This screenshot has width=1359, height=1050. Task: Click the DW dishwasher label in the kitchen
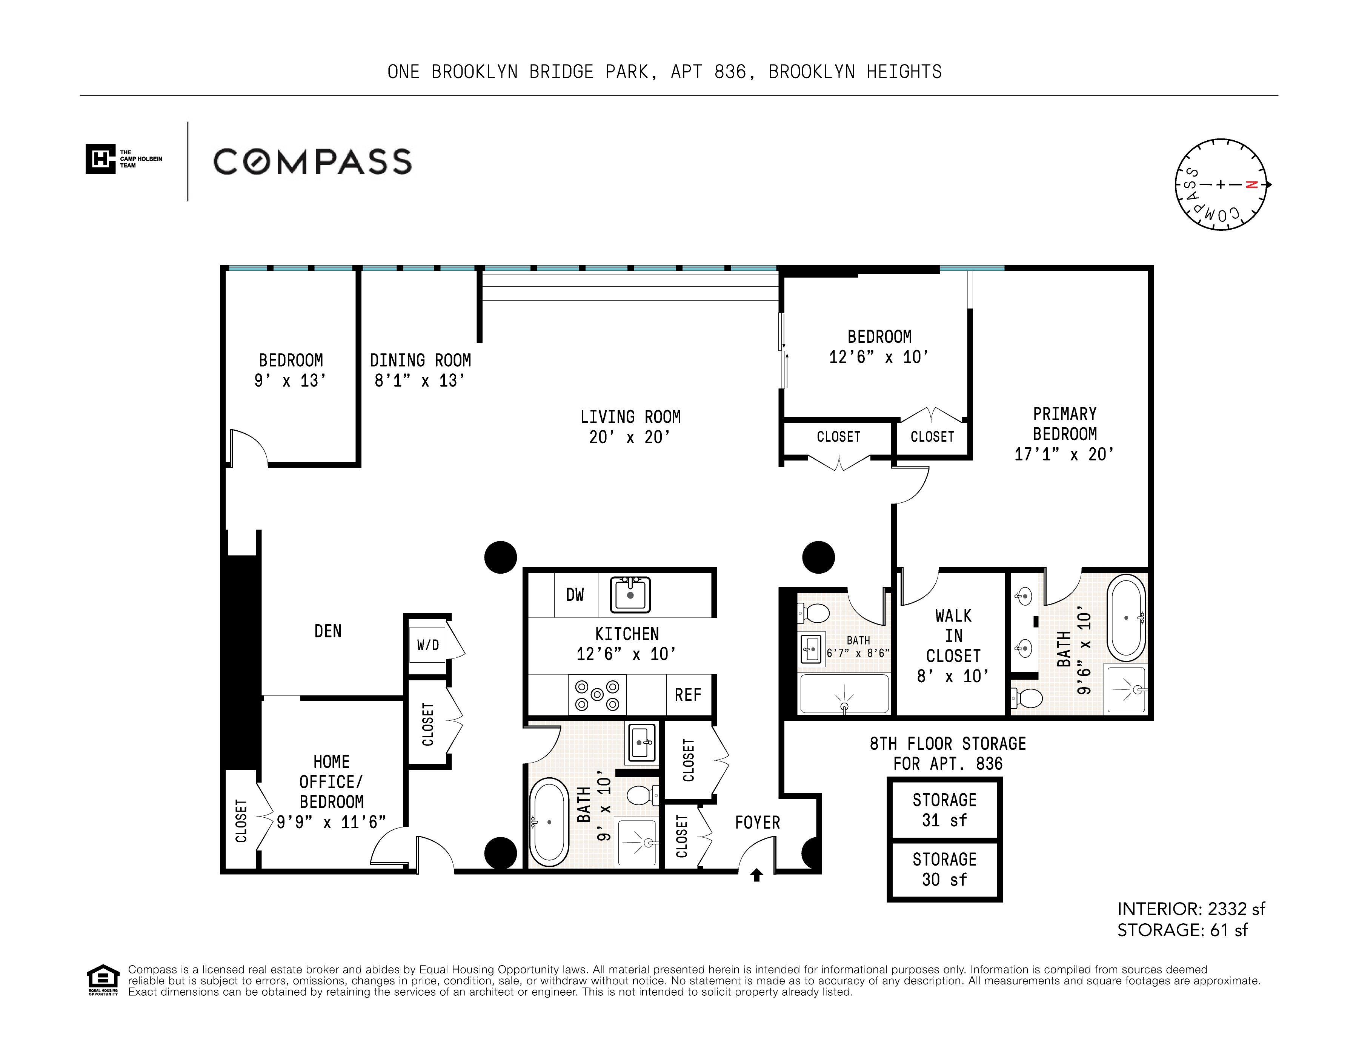coord(575,595)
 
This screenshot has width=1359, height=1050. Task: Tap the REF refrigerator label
coord(687,695)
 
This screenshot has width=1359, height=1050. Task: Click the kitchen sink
coord(630,595)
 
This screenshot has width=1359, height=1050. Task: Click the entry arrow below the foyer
coord(757,875)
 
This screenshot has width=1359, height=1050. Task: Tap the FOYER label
coord(757,823)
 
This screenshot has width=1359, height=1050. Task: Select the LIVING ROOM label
coord(630,417)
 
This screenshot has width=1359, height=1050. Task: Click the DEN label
coord(328,631)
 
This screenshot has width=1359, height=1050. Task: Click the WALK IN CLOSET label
coord(953,636)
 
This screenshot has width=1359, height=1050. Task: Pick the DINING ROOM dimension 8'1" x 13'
coord(420,381)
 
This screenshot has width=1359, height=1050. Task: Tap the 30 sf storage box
coord(945,870)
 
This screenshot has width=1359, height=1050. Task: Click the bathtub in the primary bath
coord(1126,618)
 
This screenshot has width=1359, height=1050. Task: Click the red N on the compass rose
coord(1251,185)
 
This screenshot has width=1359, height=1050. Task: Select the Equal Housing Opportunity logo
coord(103,980)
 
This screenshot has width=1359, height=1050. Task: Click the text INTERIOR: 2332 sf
coord(1191,909)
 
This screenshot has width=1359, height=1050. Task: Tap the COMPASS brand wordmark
coord(312,162)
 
